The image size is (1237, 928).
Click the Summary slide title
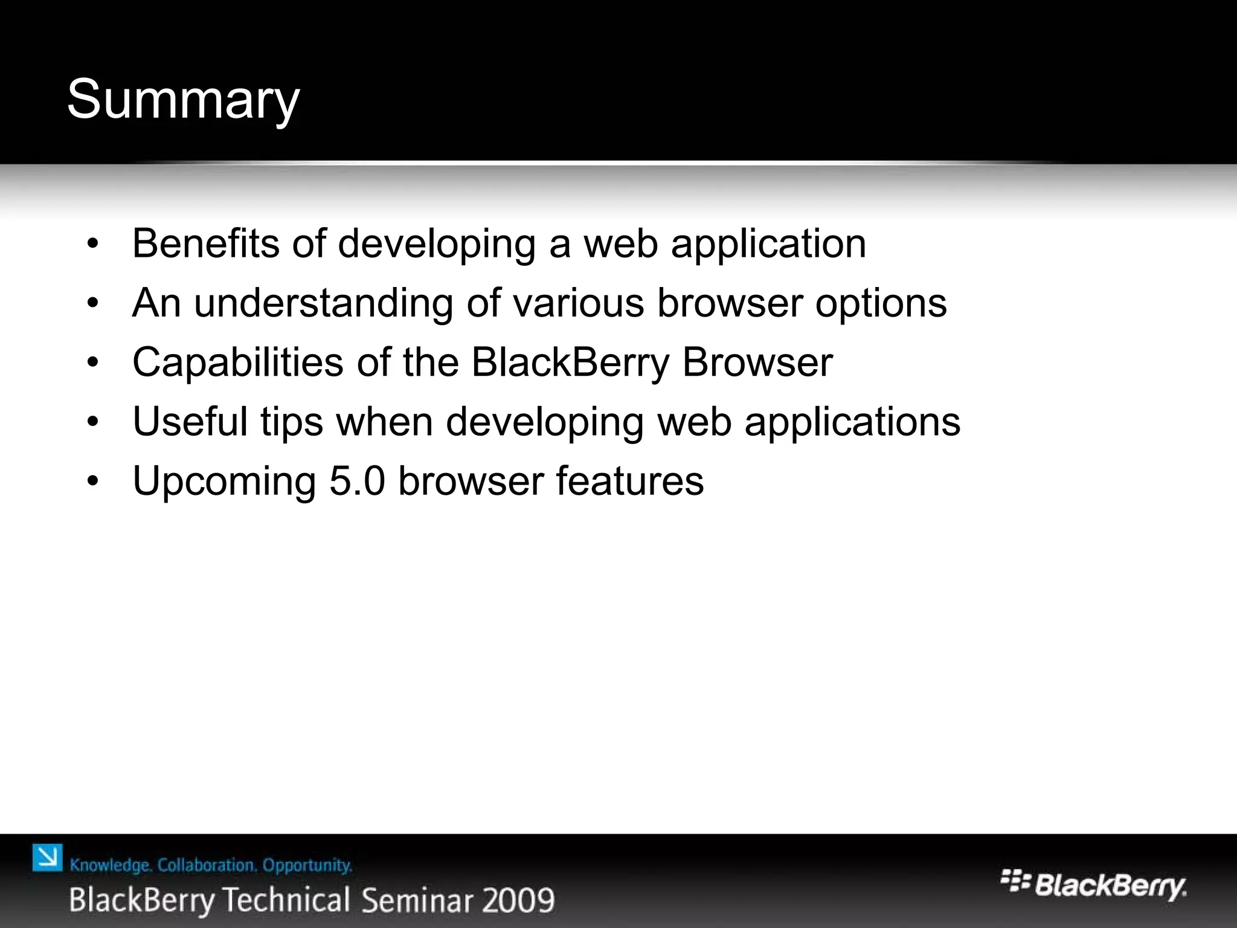point(183,100)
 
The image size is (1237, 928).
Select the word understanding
point(323,303)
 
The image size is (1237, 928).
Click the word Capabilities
point(237,362)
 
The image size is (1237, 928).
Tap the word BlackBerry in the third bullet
point(570,362)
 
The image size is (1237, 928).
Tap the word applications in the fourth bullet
point(852,422)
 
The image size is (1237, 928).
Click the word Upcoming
point(224,482)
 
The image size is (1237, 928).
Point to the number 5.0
point(357,481)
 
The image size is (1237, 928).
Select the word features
point(629,481)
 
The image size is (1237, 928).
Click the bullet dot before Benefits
point(92,245)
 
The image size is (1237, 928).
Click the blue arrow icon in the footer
point(47,858)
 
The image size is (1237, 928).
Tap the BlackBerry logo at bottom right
point(1093,885)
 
